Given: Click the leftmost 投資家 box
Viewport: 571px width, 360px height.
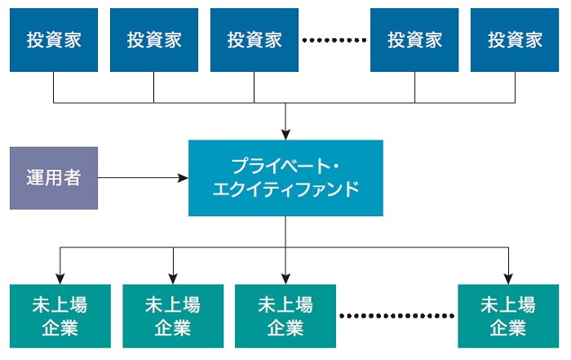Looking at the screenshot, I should click(x=54, y=39).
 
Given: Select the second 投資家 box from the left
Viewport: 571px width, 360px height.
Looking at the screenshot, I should click(x=154, y=39).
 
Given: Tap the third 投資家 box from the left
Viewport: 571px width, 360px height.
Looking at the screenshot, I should click(x=255, y=39).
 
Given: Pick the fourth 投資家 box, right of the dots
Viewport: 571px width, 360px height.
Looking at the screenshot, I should click(x=414, y=39).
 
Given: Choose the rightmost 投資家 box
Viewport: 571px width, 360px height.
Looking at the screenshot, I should click(x=516, y=39).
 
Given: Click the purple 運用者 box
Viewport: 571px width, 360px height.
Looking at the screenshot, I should click(x=54, y=178).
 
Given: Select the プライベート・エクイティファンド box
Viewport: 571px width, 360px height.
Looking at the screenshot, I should click(x=285, y=178).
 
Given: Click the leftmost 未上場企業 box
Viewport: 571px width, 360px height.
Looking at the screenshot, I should click(x=60, y=316).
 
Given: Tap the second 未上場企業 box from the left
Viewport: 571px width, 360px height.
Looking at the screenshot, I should click(x=173, y=316).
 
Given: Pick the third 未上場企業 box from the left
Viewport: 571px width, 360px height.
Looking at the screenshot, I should click(x=285, y=316).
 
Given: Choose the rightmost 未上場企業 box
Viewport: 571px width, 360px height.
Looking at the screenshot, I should click(x=508, y=316).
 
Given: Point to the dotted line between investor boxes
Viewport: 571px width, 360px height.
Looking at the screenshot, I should click(x=334, y=39).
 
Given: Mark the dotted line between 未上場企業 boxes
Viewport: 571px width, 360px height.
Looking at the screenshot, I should click(x=396, y=315).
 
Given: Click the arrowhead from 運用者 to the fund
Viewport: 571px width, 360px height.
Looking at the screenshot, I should click(x=183, y=177).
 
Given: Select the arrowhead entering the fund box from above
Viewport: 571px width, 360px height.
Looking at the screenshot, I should click(x=285, y=133).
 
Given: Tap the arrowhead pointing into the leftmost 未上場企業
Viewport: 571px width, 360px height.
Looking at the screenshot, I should click(x=60, y=277).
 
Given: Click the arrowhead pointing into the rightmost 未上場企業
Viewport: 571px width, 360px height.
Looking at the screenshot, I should click(x=508, y=277).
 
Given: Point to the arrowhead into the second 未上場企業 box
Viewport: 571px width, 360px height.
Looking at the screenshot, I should click(x=173, y=277).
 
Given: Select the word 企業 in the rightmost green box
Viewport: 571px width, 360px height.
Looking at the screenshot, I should click(x=508, y=328).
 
